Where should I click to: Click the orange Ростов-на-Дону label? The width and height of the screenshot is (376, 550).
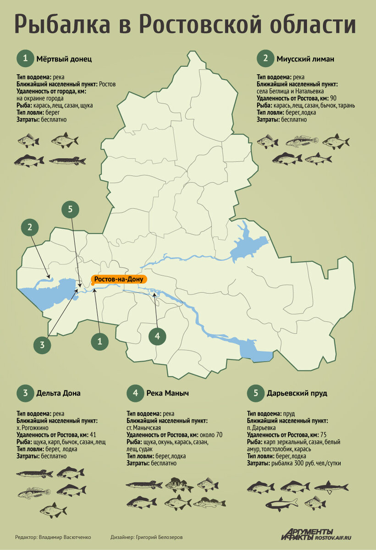[x=119, y=279]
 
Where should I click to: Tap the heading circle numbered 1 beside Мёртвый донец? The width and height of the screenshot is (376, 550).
[x=26, y=59]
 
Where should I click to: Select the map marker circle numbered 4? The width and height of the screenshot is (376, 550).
[x=157, y=336]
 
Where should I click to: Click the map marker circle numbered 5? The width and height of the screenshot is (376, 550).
[x=70, y=209]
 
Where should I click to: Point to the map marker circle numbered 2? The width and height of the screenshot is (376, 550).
[x=30, y=226]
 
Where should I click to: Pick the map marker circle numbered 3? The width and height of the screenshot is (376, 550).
[x=42, y=345]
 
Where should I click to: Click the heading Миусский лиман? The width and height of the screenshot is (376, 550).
[x=305, y=59]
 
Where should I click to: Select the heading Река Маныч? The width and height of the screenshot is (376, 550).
[x=168, y=393]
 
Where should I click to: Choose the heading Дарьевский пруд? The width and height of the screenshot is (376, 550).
[x=297, y=393]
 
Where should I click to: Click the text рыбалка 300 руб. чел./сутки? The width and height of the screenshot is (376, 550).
[x=310, y=464]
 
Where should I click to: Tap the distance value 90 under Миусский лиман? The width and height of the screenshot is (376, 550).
[x=333, y=99]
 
